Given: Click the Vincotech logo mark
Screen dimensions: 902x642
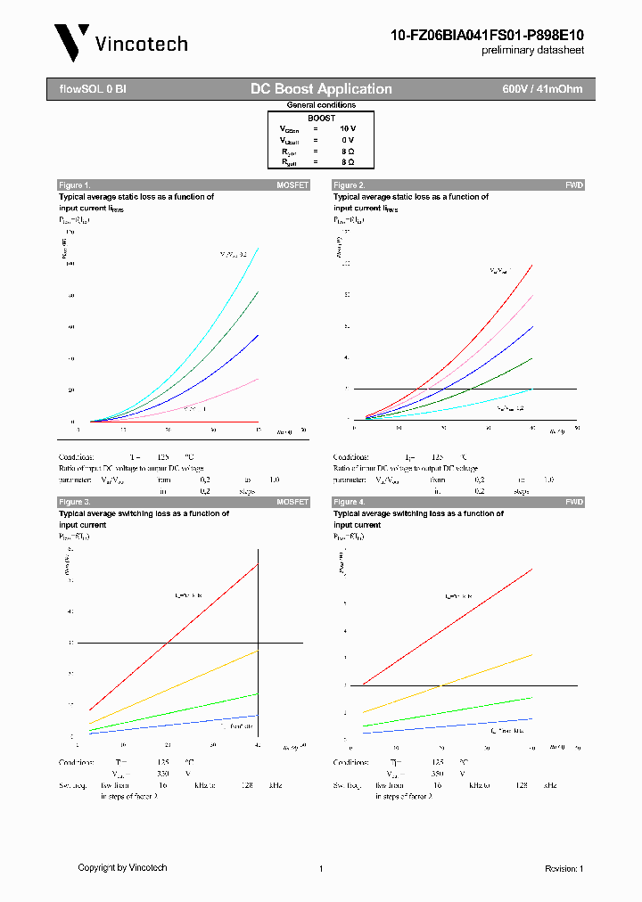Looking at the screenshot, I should pos(71,42).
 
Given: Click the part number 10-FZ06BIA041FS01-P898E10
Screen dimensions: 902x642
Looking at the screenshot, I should pos(487,35).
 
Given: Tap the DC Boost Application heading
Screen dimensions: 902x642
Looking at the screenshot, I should pos(321,89).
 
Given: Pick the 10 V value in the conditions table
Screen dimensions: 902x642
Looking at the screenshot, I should pos(347,128).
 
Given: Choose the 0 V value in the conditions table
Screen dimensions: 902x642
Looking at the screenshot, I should pos(347,140).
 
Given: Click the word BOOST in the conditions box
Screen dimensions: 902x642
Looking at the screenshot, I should pos(321,118).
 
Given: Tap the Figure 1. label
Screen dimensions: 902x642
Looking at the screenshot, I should pos(75,185).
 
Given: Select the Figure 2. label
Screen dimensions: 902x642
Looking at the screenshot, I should pos(350,185).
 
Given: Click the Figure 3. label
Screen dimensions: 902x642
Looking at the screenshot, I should pos(75,503).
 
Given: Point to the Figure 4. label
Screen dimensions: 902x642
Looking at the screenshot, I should pos(350,503).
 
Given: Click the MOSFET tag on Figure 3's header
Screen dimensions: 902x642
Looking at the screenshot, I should pos(292,503).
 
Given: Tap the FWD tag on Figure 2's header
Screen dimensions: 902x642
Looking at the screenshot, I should pos(574,185).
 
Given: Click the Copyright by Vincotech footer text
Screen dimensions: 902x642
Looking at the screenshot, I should pos(122,867).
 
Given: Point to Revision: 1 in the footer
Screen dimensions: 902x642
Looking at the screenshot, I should pos(564,868).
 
